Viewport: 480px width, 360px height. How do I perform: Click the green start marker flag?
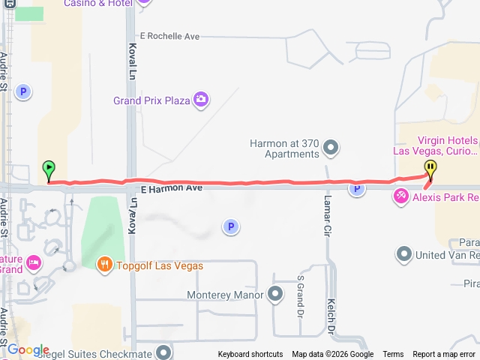tap(49, 169)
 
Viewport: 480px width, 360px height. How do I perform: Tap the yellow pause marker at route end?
tap(430, 168)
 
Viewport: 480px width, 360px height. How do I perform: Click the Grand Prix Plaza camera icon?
tap(200, 100)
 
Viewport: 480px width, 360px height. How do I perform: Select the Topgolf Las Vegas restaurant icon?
tap(105, 264)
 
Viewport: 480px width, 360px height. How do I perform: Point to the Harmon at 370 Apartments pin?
tap(331, 148)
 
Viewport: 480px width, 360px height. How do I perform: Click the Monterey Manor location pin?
tap(275, 294)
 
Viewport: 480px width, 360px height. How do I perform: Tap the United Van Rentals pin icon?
tap(404, 255)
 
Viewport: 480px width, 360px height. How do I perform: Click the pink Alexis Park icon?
tap(401, 197)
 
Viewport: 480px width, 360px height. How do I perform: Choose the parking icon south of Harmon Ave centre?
tap(231, 226)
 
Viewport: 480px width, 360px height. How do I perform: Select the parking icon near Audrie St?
tap(24, 92)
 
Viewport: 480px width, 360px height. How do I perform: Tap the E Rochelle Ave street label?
tap(169, 36)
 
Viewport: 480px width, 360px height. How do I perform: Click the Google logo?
tap(28, 350)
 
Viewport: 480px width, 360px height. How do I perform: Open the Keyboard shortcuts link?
tap(250, 355)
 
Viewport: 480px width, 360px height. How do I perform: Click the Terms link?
tap(393, 355)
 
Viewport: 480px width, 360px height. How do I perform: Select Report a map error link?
tap(444, 355)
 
